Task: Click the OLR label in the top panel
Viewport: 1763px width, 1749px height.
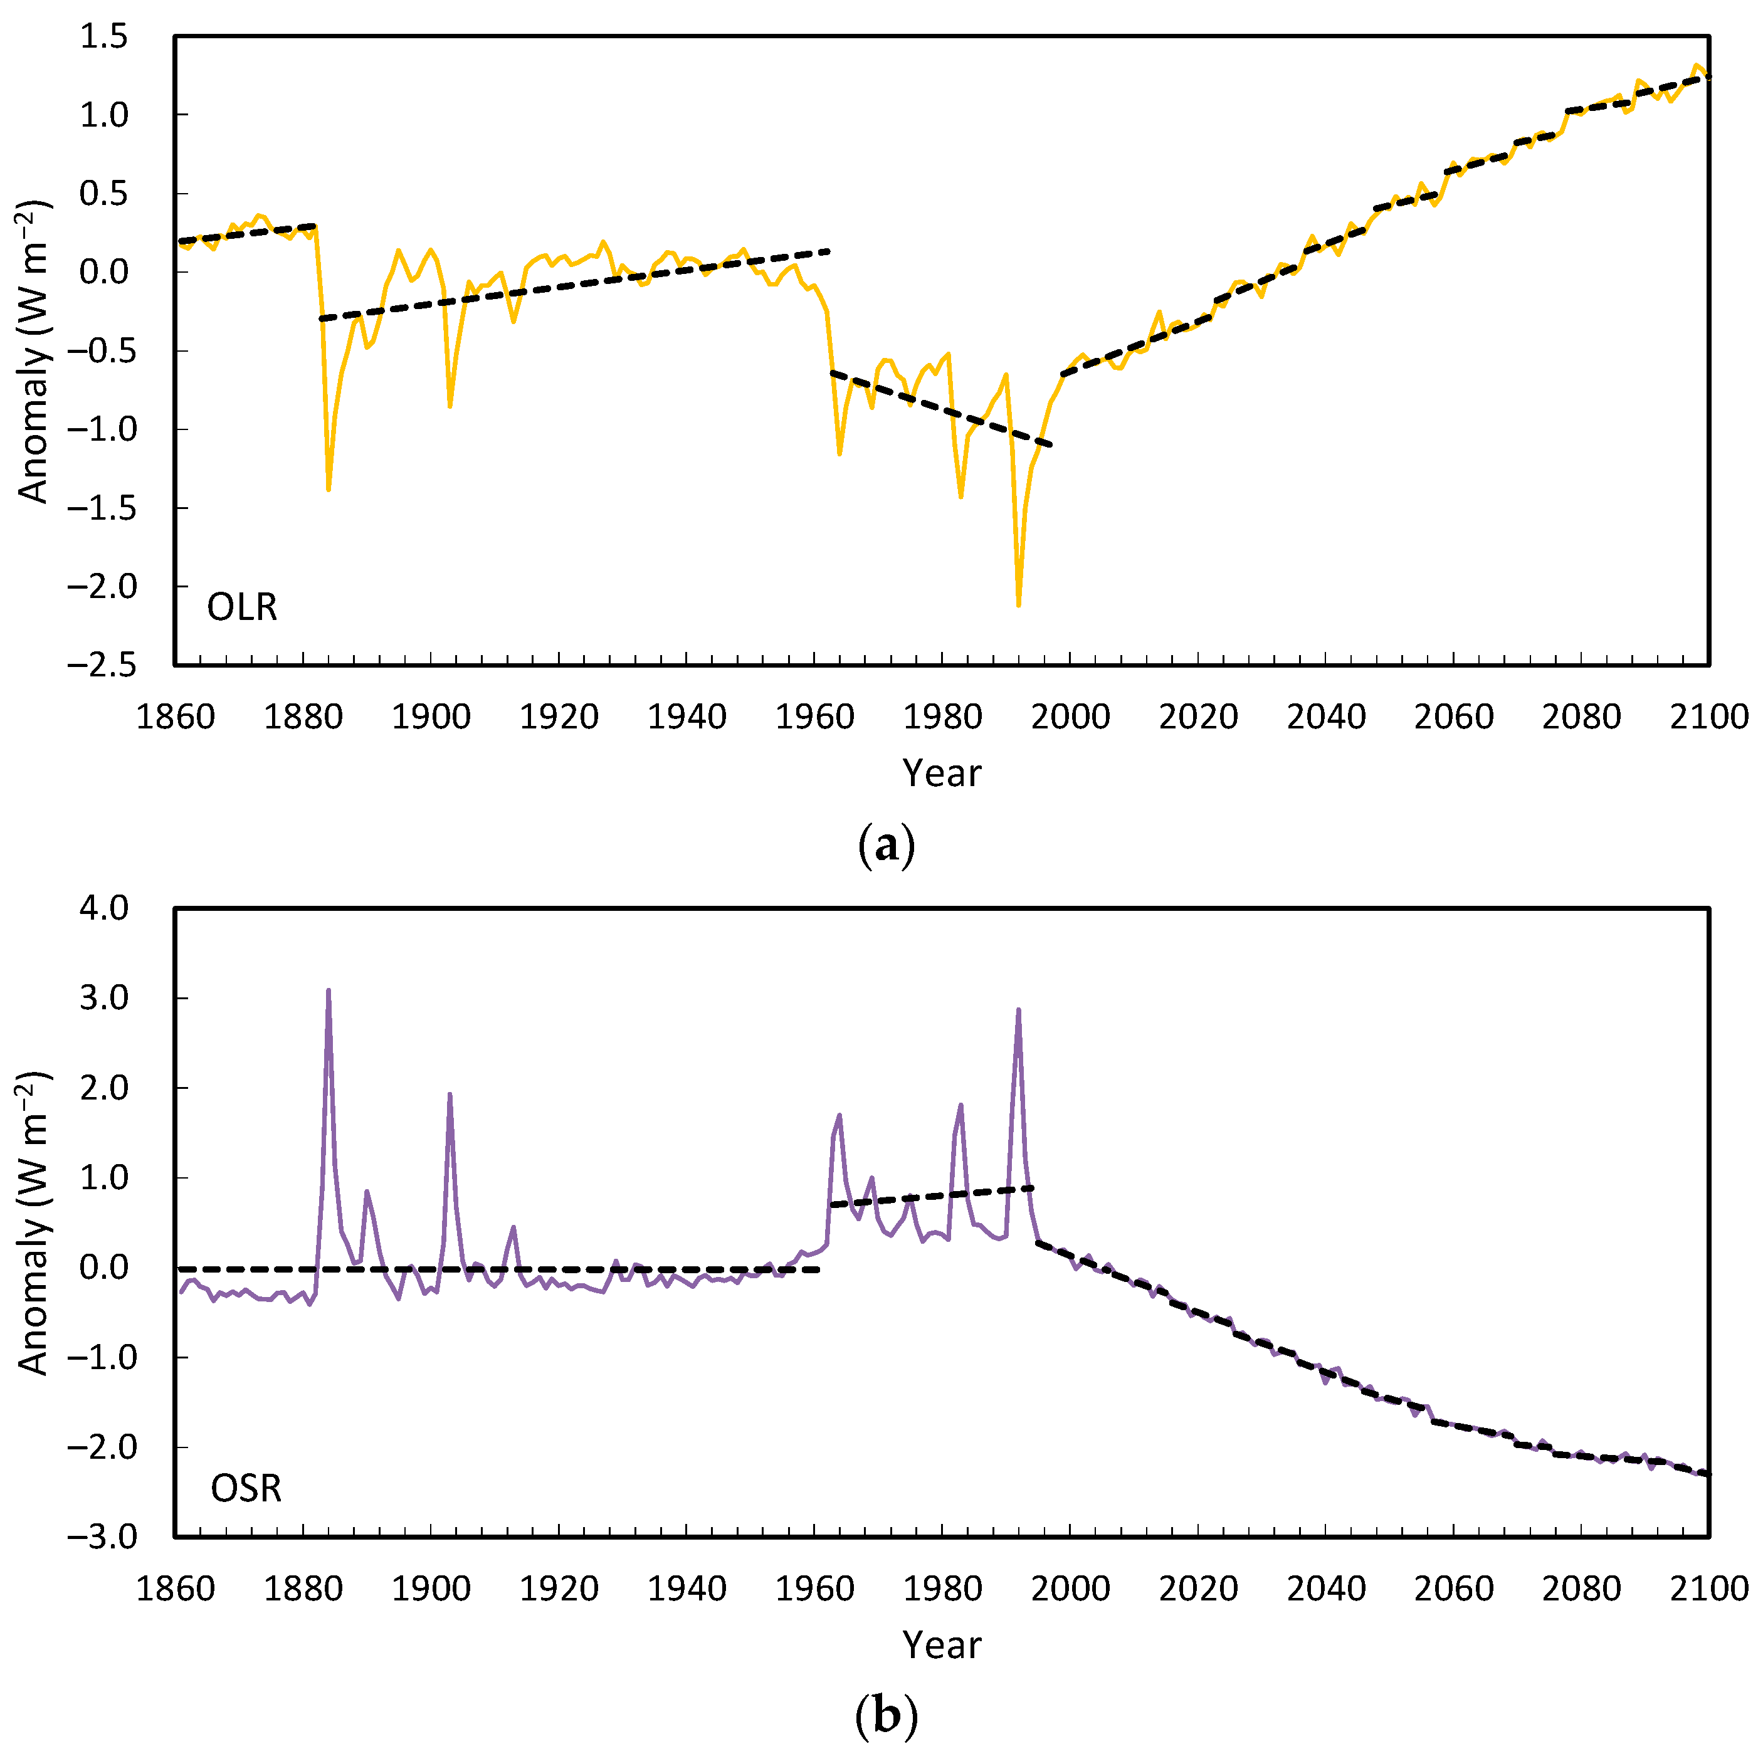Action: point(242,607)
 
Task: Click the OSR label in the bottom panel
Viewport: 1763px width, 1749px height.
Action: point(246,1488)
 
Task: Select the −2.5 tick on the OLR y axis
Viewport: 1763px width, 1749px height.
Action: point(100,664)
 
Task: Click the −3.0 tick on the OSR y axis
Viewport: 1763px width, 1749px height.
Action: point(100,1536)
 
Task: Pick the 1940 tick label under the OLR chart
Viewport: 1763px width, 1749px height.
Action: point(687,717)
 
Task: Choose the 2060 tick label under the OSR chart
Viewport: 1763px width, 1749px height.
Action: point(1454,1589)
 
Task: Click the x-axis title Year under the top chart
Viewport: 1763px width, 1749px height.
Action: point(942,774)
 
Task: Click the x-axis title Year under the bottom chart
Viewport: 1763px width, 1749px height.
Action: point(942,1645)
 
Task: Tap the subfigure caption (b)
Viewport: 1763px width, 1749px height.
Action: point(886,1716)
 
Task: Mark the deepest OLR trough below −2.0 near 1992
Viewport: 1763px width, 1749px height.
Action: point(1018,604)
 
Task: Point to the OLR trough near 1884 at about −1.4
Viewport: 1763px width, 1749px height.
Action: point(329,489)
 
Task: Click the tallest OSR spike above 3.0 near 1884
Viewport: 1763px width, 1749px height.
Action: point(329,991)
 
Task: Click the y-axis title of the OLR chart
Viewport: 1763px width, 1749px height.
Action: point(34,351)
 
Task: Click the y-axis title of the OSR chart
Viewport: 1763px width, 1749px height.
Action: point(34,1222)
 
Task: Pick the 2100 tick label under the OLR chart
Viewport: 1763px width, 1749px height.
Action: point(1709,717)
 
